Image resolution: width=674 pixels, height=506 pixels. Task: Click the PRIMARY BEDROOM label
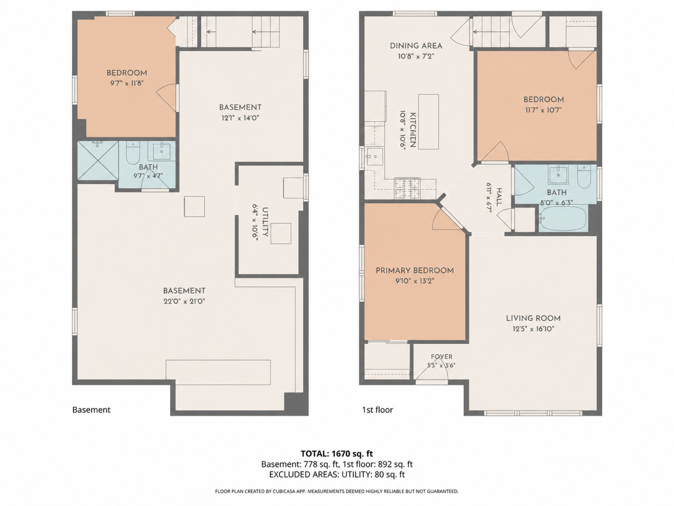[x=415, y=271]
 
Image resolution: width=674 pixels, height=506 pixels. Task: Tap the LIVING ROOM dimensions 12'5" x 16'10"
[x=533, y=329]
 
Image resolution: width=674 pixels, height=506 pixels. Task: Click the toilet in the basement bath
[x=133, y=153]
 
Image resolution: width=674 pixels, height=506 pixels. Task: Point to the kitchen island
[x=428, y=122]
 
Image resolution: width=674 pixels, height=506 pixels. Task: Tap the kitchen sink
[x=374, y=156]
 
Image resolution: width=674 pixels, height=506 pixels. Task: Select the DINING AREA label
[x=416, y=46]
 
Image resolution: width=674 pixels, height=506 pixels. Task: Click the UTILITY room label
[x=265, y=222]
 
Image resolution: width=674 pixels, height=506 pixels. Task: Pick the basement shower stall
[x=98, y=161]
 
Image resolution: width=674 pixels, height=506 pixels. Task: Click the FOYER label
[x=441, y=357]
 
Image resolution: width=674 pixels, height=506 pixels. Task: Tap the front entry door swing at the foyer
[x=432, y=369]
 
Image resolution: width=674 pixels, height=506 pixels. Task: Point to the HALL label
[x=499, y=197]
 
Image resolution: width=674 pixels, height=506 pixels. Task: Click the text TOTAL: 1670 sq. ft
[x=337, y=454]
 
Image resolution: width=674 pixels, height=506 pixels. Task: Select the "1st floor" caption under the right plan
[x=377, y=410]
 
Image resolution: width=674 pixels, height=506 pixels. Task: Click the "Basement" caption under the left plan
[x=91, y=410]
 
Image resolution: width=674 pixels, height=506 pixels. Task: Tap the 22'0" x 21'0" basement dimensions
[x=184, y=302]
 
